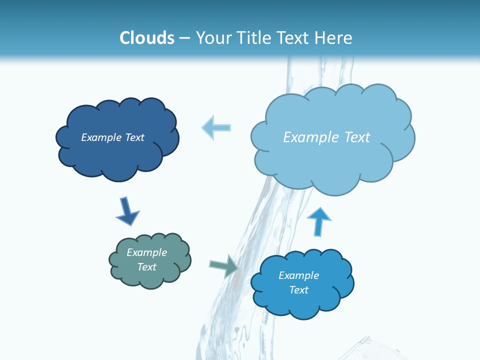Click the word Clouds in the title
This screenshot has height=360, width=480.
[x=147, y=38]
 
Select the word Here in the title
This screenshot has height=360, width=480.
[x=334, y=38]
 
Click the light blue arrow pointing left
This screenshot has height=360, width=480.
[x=216, y=127]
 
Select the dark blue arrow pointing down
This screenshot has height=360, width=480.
[x=127, y=211]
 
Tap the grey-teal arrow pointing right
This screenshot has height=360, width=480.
[x=223, y=265]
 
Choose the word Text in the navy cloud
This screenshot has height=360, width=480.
[x=134, y=137]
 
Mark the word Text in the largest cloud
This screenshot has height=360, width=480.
[x=357, y=137]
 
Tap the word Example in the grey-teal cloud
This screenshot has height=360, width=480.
[x=147, y=252]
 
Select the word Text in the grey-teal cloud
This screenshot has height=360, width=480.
[x=147, y=267]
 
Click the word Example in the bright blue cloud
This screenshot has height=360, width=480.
[x=298, y=275]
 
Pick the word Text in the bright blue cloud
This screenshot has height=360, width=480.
[x=298, y=290]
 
